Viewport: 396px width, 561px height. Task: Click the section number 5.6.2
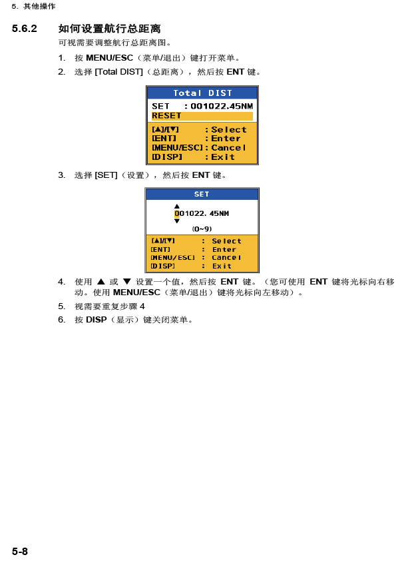[25, 28]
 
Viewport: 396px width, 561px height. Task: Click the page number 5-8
[20, 551]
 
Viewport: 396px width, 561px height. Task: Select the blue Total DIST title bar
[202, 93]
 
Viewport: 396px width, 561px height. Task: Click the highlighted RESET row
[202, 116]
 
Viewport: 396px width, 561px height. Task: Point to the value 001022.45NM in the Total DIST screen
[222, 106]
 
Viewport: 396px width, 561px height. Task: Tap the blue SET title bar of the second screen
[202, 194]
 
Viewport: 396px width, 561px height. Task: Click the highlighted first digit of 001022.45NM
[176, 214]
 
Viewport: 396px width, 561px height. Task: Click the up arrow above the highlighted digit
[176, 206]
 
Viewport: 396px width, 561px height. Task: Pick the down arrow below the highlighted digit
[176, 221]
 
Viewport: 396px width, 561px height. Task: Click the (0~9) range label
[202, 229]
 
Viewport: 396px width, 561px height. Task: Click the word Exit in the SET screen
[222, 266]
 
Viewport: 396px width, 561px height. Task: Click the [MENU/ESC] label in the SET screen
[173, 258]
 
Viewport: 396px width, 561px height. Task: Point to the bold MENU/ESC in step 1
[109, 58]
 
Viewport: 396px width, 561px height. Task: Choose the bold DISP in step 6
[96, 320]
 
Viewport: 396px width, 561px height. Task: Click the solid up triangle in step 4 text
[101, 282]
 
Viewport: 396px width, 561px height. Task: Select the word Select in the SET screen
[226, 241]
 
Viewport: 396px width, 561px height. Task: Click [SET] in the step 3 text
[106, 175]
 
